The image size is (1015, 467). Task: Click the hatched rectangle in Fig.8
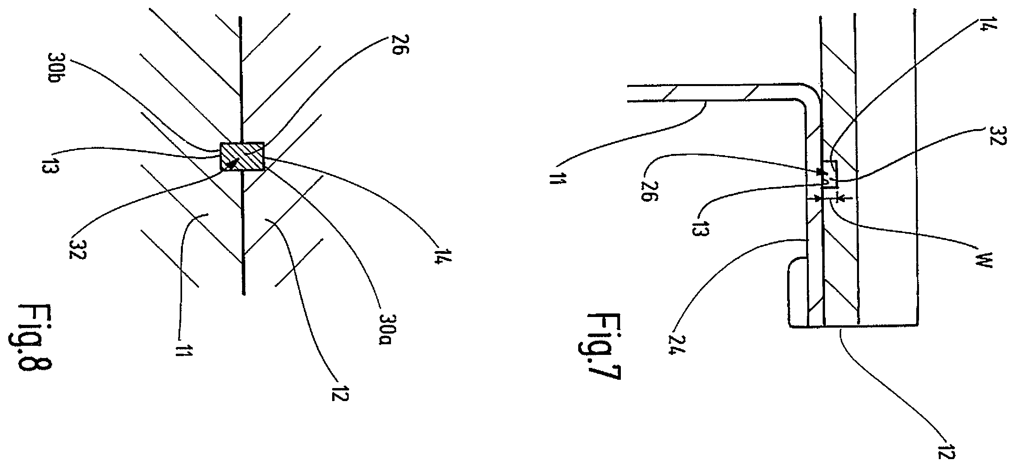pos(242,156)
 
